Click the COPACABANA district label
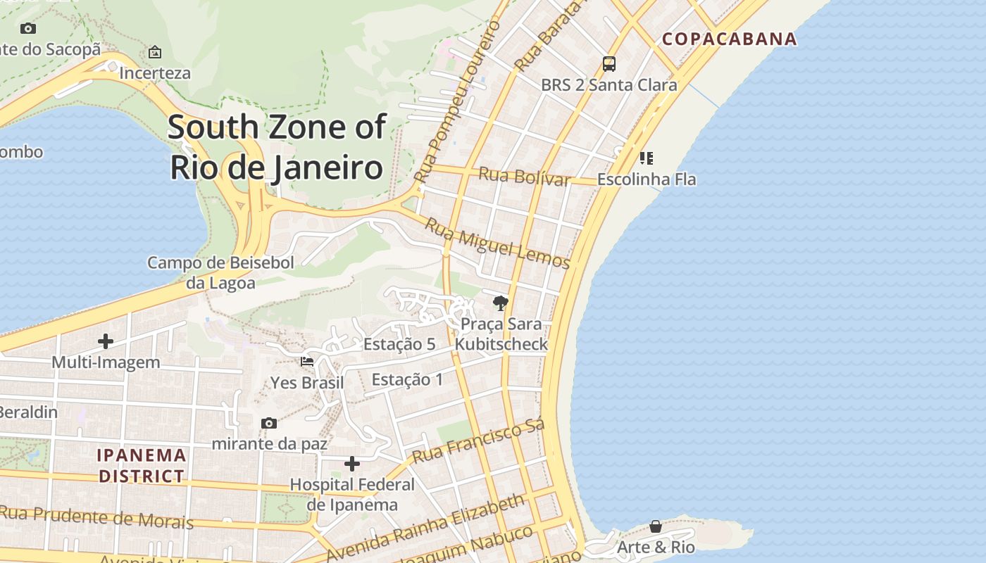(x=730, y=39)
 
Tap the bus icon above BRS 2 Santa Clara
(x=609, y=64)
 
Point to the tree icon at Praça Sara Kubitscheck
(x=501, y=303)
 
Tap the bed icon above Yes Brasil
(x=307, y=362)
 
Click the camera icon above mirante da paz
(x=268, y=423)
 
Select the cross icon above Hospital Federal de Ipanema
(x=352, y=464)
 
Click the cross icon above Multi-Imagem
(x=106, y=341)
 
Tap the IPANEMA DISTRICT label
(x=142, y=466)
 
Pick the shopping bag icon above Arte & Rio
(x=656, y=526)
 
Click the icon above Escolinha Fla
(x=646, y=158)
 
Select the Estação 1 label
(x=407, y=380)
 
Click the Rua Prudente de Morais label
(x=96, y=517)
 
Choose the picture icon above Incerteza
(x=155, y=52)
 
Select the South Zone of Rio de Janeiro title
(x=277, y=148)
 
